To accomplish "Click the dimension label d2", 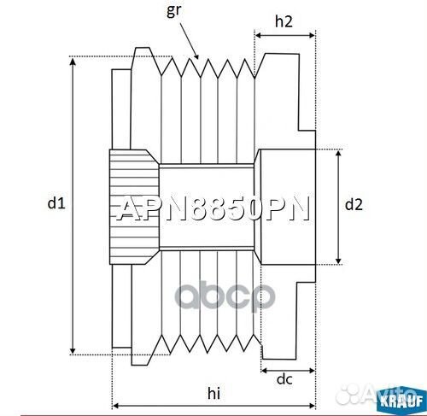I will click(354, 204).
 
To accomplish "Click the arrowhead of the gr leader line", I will click(198, 57).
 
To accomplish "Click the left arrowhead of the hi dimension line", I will click(116, 404).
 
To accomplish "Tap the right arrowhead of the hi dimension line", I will click(312, 404).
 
